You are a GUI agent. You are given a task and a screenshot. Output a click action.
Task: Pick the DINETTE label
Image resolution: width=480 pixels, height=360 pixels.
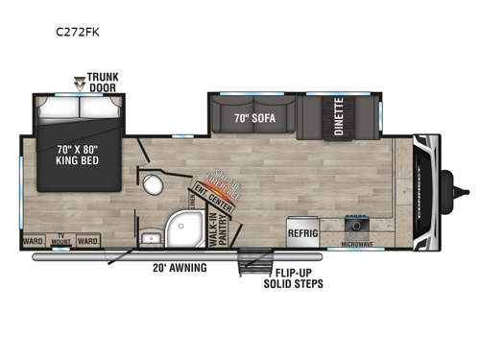coord(339,117)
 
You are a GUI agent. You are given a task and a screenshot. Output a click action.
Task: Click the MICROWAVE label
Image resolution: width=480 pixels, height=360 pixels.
coord(357,245)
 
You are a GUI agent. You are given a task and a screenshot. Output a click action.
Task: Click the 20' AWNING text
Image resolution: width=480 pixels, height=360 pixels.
coord(180,267)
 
